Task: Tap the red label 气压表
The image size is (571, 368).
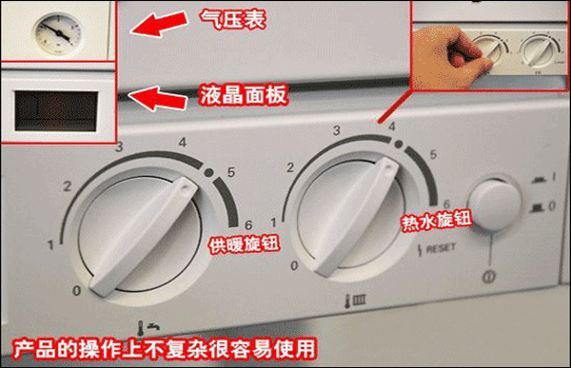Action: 233,19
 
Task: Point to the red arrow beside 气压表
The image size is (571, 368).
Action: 159,23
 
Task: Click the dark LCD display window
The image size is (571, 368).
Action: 56,111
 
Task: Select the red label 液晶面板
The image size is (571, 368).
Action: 244,95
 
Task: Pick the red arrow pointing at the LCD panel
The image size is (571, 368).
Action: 157,98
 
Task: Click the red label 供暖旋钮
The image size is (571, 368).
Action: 244,243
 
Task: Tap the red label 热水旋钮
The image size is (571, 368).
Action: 437,221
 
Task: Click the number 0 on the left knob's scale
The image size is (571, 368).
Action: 76,290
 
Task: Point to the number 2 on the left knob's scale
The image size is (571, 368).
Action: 68,186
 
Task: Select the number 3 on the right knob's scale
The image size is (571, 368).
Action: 337,130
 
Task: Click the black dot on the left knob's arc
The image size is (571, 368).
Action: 208,172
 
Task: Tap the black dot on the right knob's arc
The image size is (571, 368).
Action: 399,145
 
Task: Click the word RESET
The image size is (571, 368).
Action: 441,248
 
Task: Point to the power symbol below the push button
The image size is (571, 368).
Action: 488,277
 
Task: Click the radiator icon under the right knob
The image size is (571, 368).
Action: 355,300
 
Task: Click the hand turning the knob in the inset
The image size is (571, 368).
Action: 450,57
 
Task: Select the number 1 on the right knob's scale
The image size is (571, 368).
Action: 273,223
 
